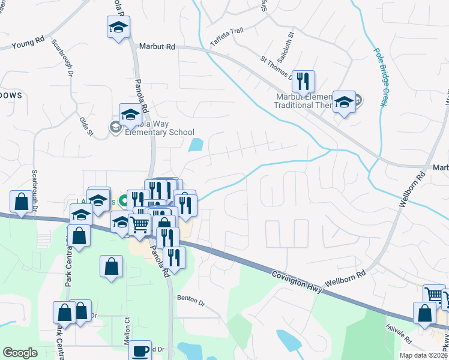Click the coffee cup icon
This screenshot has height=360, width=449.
[141, 350]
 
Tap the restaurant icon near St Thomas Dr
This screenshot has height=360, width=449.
[303, 81]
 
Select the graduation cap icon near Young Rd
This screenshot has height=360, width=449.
[118, 27]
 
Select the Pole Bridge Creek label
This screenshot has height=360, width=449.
[379, 78]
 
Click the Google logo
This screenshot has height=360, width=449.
[20, 353]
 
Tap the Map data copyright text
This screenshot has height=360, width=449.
[423, 355]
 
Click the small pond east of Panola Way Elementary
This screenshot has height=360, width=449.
[196, 145]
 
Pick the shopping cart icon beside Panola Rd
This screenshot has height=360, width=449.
[139, 224]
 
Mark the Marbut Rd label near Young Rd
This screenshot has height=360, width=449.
[157, 46]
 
